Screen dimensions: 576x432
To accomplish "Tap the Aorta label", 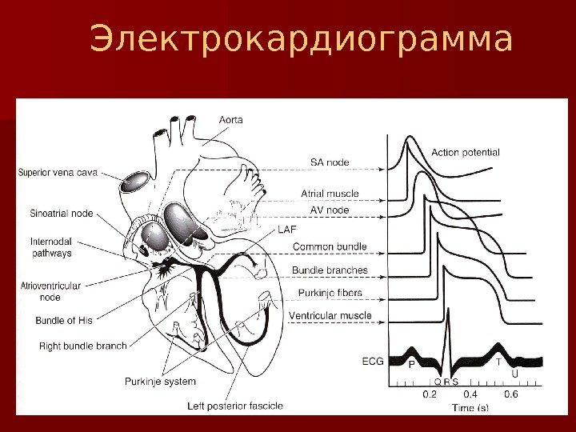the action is (x=231, y=120).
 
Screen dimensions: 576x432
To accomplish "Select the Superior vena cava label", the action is (x=65, y=171).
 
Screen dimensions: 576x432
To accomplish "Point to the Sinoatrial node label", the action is (x=61, y=214).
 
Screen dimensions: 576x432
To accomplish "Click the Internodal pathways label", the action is (x=51, y=246).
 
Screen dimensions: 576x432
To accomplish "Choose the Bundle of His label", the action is (x=64, y=321).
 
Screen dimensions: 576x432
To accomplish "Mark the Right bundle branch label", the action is (x=82, y=346).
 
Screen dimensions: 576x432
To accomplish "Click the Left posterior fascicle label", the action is (x=234, y=406).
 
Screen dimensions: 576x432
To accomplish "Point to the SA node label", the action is (x=330, y=162).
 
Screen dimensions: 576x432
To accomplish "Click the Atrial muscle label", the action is (x=330, y=194).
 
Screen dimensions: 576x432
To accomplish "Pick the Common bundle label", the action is (x=330, y=246).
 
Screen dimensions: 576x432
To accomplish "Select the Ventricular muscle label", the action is (x=330, y=316).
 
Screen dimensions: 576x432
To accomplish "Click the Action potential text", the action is (x=466, y=152).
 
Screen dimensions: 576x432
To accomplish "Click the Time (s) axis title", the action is (x=470, y=408).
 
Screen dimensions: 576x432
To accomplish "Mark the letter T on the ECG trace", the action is (x=498, y=362).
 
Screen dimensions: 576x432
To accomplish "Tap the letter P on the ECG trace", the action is (x=411, y=364).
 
